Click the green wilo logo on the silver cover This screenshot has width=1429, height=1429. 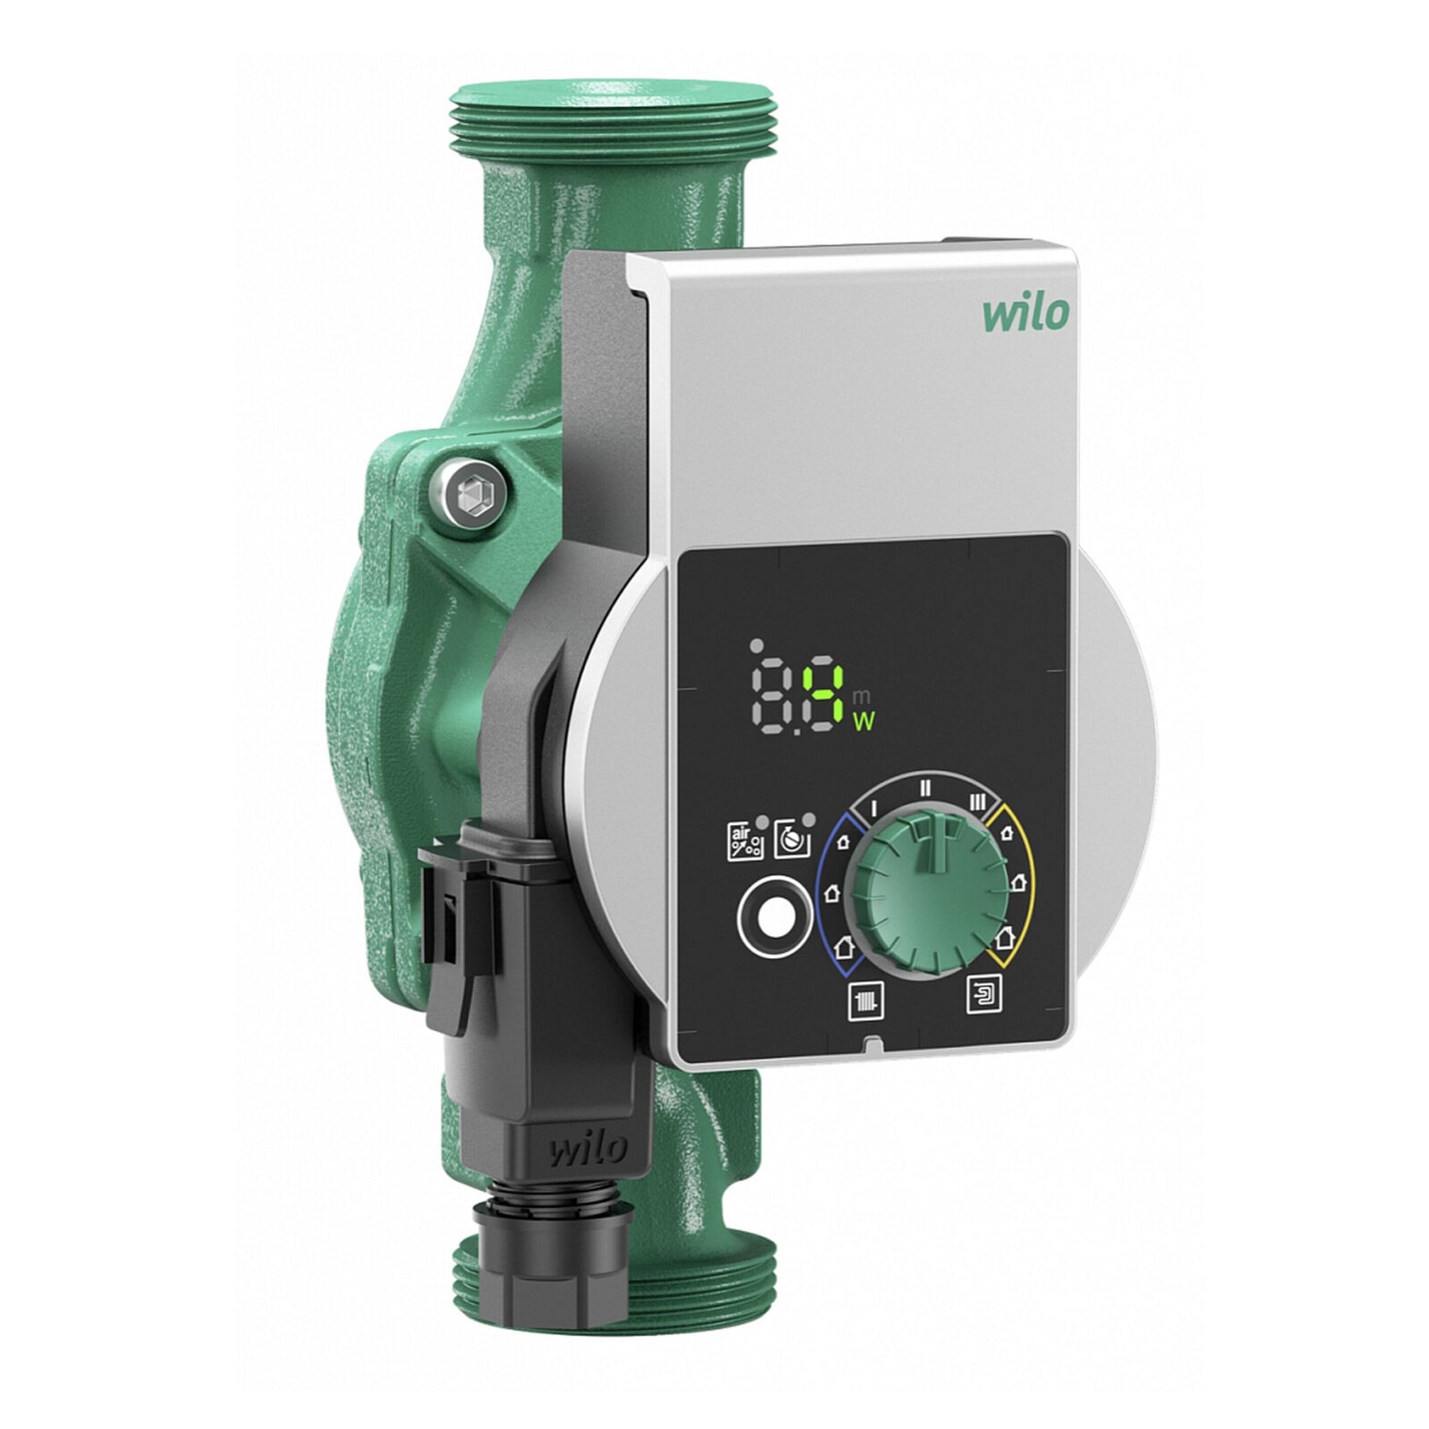tap(1025, 314)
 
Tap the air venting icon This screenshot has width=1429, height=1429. tap(743, 841)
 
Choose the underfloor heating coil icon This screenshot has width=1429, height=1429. tap(984, 993)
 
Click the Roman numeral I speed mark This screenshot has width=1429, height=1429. tap(874, 806)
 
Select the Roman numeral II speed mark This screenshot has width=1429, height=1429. tap(926, 788)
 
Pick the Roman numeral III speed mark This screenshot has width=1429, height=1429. tap(978, 803)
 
